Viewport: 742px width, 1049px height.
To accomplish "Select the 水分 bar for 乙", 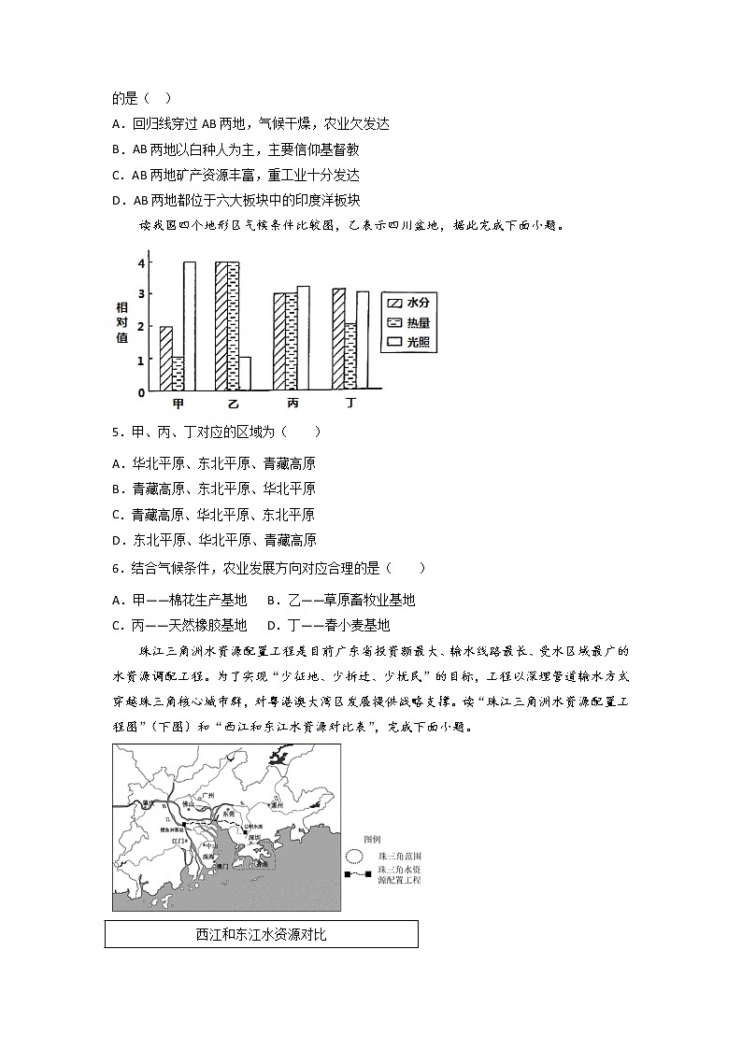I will click(221, 325).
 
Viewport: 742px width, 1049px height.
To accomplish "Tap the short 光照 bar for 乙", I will click(245, 373).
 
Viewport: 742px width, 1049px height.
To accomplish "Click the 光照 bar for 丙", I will click(303, 337).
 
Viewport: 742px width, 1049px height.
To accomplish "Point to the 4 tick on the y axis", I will click(141, 263).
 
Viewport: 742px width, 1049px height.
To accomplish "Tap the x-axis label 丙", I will click(293, 404).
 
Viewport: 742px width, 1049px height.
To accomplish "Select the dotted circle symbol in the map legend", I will click(354, 856).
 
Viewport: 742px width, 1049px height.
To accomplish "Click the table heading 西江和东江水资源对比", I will click(261, 934).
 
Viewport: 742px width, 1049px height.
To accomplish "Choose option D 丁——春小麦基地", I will click(328, 625).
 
